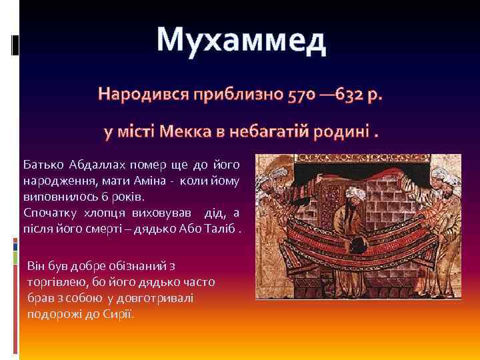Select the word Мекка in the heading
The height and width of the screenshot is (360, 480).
(189, 130)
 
